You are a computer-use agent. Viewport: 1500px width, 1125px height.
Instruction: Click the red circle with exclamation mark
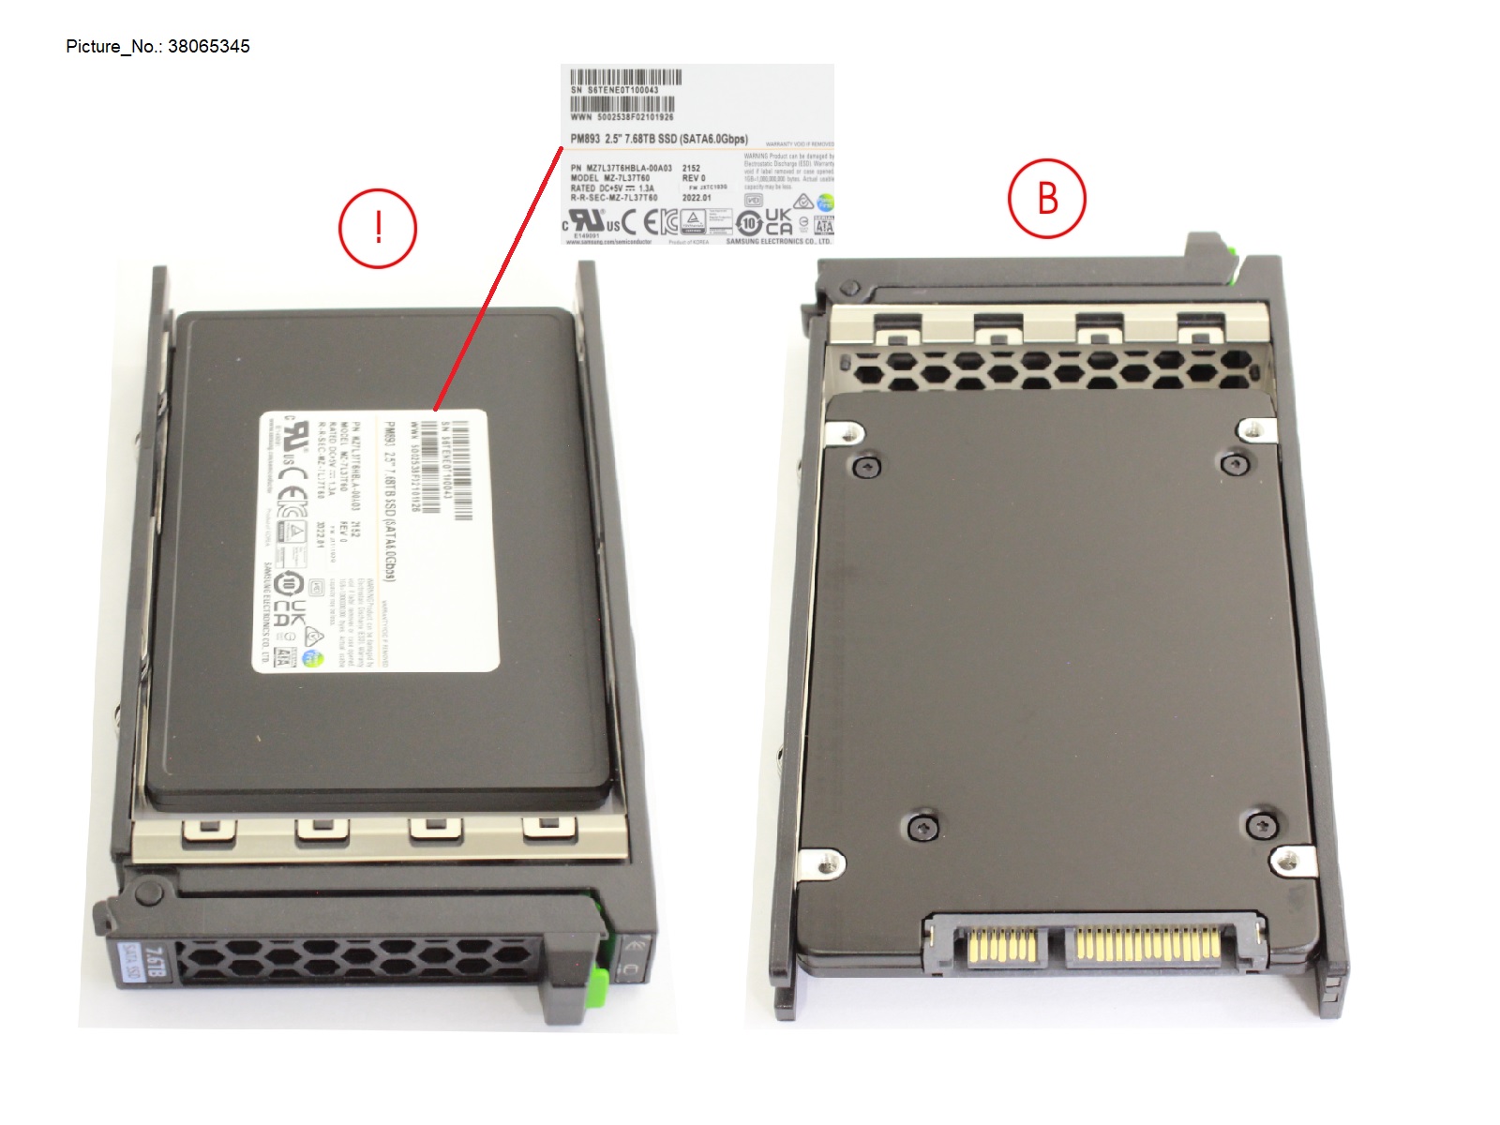(378, 229)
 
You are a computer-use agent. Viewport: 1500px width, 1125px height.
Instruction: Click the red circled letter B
(1046, 199)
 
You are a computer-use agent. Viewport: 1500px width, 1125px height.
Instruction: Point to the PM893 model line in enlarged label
(659, 139)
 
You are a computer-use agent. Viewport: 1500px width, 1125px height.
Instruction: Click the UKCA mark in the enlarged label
(778, 221)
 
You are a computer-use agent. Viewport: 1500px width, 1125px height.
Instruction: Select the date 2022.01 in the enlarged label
(697, 198)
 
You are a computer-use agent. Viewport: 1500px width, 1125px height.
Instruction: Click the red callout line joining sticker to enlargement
(497, 281)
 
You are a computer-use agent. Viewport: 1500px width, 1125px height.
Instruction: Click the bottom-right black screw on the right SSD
(1263, 826)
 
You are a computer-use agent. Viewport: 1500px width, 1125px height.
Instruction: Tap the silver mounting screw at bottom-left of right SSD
(826, 863)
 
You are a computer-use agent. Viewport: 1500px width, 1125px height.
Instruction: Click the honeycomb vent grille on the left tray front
(356, 960)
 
